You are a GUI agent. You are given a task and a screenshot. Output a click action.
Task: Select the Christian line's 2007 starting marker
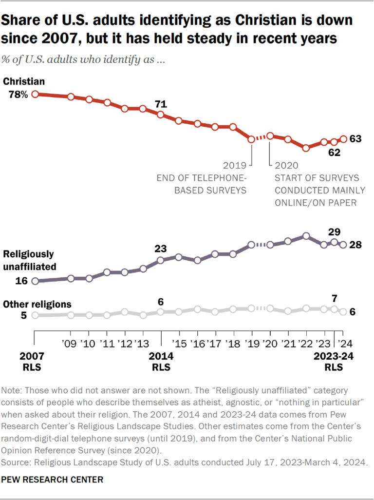[35, 94]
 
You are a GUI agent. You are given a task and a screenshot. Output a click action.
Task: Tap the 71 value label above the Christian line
[161, 104]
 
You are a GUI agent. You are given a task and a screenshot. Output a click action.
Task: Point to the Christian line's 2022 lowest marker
[306, 148]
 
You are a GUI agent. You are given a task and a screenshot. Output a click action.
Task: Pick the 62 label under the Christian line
[333, 153]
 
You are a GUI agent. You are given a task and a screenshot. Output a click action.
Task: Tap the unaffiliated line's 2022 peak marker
[306, 236]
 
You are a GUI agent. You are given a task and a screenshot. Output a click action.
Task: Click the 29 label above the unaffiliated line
[334, 231]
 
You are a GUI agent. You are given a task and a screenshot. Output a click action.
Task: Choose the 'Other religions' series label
[37, 304]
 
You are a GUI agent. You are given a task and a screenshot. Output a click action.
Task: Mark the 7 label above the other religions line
[334, 298]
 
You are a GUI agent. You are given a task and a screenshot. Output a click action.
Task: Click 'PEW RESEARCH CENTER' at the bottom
[53, 480]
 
